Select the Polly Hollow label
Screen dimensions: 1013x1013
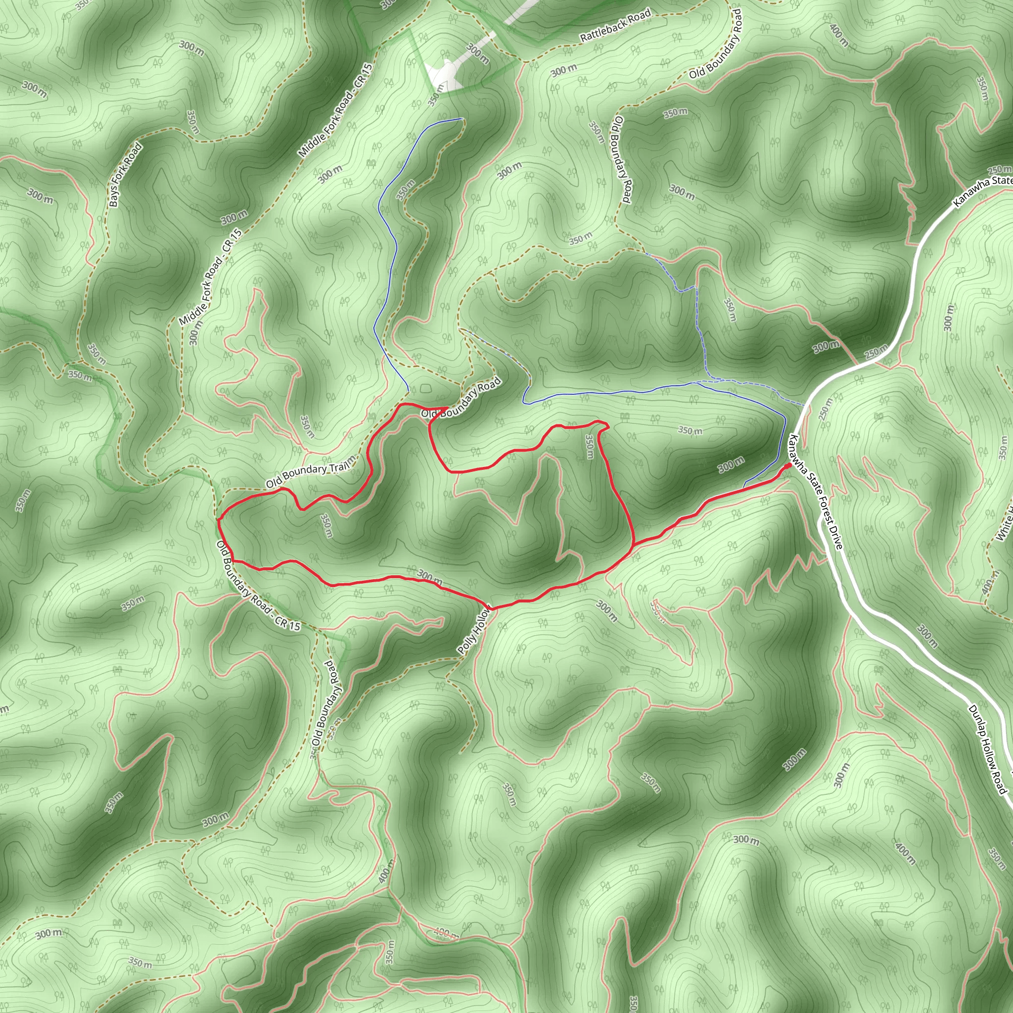point(474,631)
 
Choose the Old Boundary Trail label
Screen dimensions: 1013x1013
point(311,474)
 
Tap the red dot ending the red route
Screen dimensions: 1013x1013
point(788,465)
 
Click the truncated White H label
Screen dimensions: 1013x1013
point(1005,525)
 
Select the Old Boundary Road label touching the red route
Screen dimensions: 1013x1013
point(461,400)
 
